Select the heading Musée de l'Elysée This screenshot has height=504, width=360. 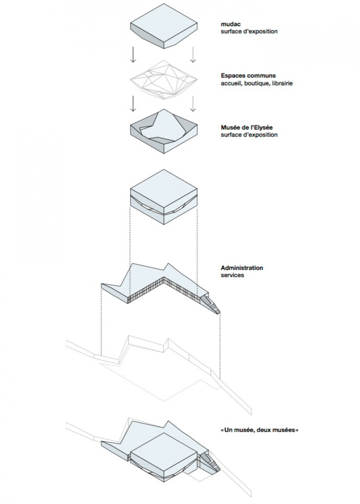coord(249,127)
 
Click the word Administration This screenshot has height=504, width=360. coord(242,268)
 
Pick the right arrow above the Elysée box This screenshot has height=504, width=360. coord(193,104)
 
